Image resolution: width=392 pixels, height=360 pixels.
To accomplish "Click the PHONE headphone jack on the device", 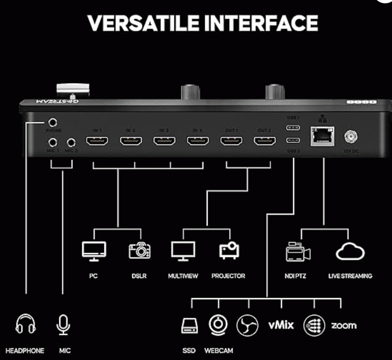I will tap(53, 124).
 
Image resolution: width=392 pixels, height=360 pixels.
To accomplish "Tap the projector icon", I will tap(228, 250).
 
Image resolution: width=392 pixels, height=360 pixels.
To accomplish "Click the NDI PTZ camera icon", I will tap(298, 252).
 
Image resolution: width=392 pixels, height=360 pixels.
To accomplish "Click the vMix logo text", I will tap(281, 325).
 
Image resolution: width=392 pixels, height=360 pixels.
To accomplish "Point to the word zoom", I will tap(343, 325).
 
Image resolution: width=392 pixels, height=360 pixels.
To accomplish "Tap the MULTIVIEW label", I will tap(183, 276).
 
